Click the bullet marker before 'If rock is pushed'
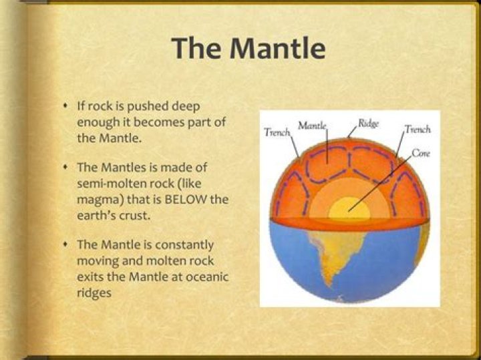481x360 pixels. pos(64,107)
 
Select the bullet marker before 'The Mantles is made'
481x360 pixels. pos(64,167)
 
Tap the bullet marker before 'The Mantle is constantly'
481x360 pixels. pos(64,246)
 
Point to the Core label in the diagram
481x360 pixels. pos(420,153)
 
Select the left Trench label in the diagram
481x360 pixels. pos(277,133)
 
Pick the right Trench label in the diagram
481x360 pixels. pos(418,130)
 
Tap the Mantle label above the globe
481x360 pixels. pos(311,126)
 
